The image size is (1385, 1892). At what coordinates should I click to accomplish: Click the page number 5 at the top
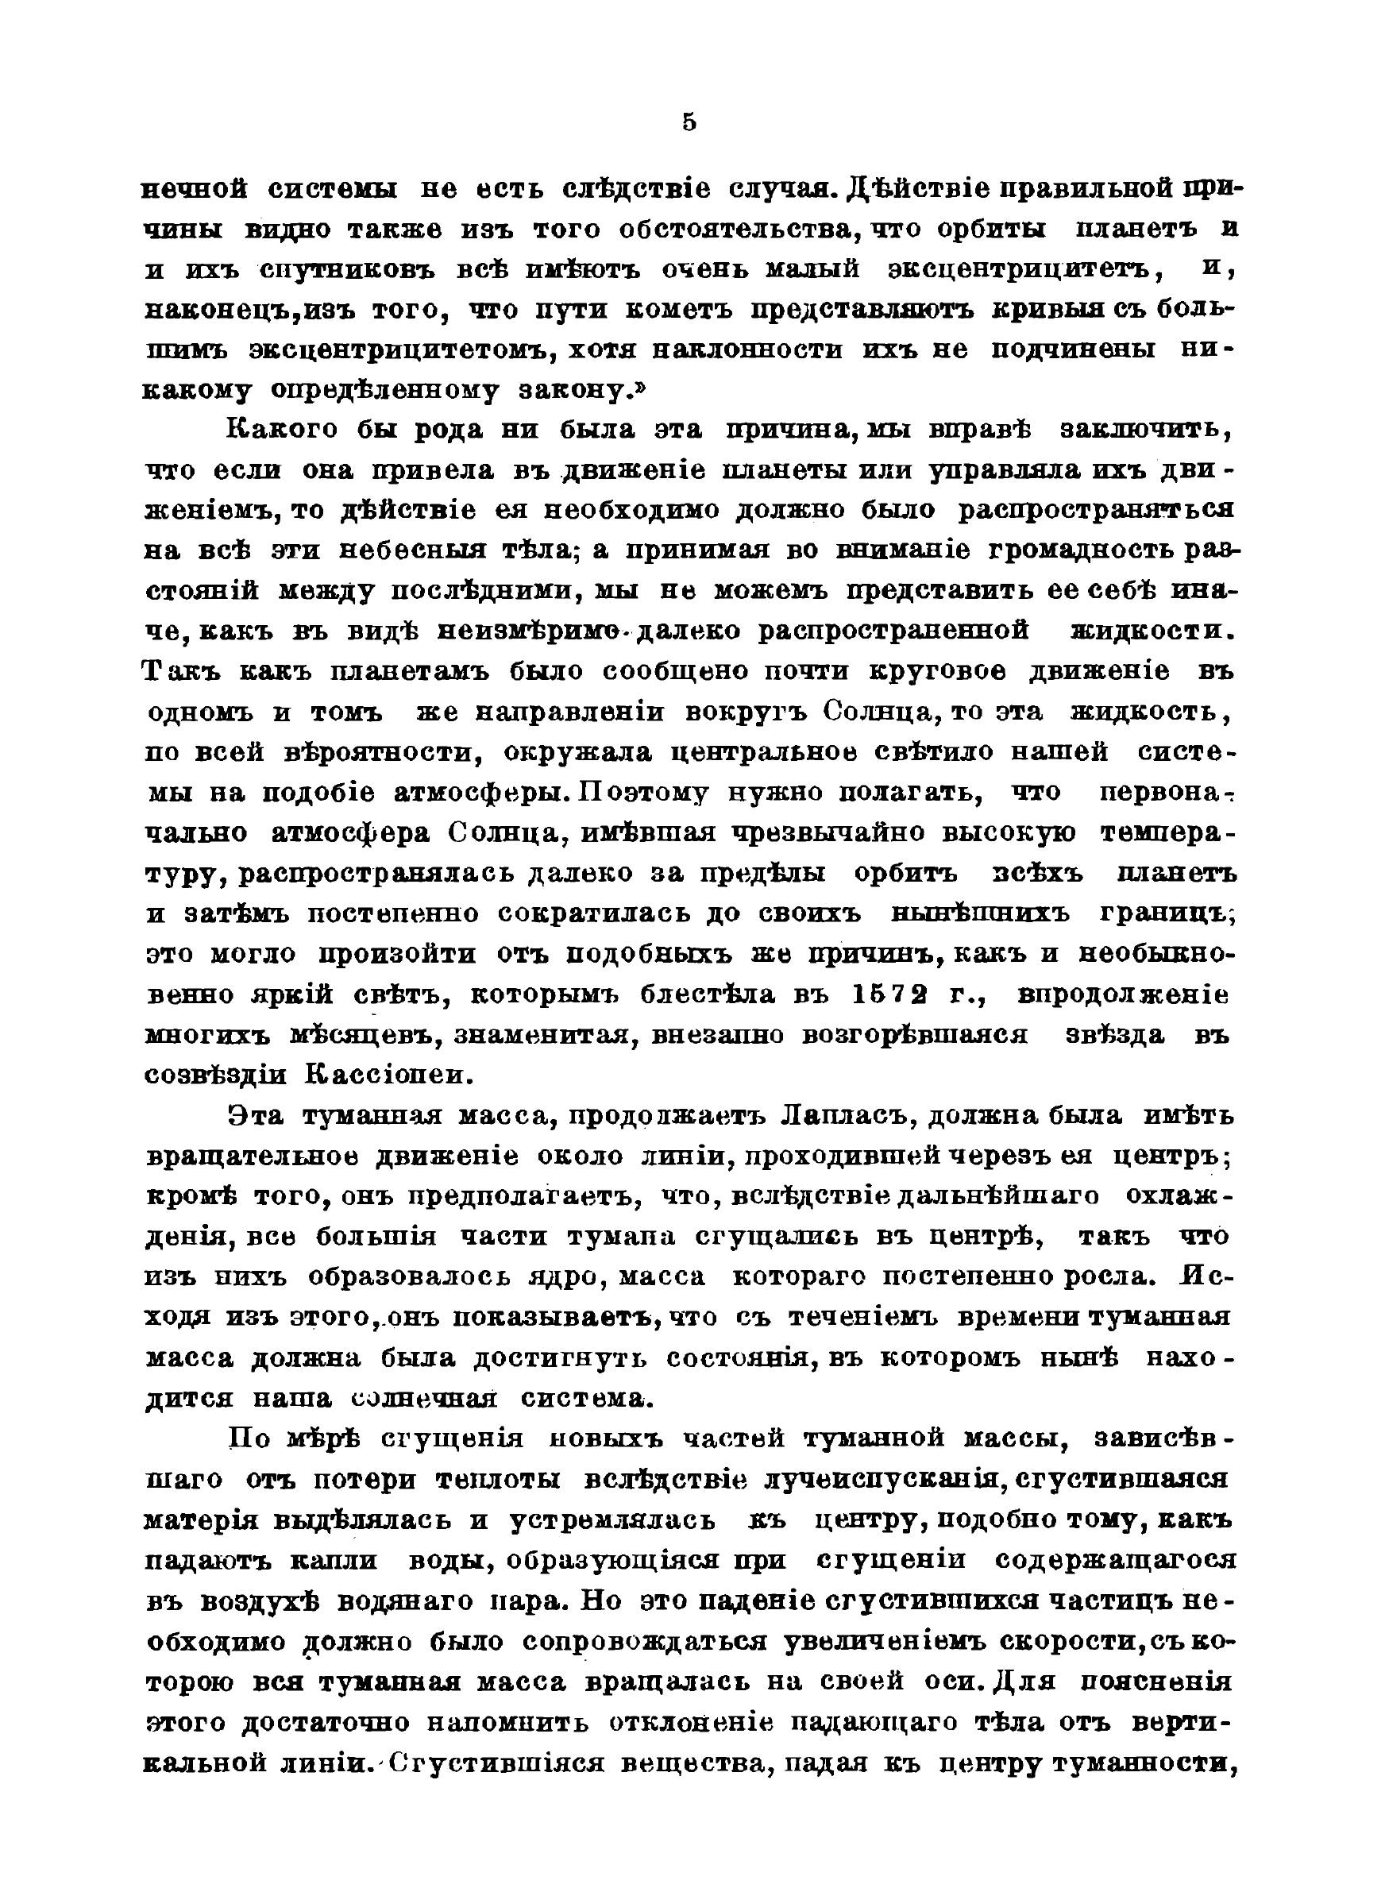pyautogui.click(x=689, y=123)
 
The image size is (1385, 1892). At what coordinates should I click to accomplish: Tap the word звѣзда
pyautogui.click(x=1113, y=1035)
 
